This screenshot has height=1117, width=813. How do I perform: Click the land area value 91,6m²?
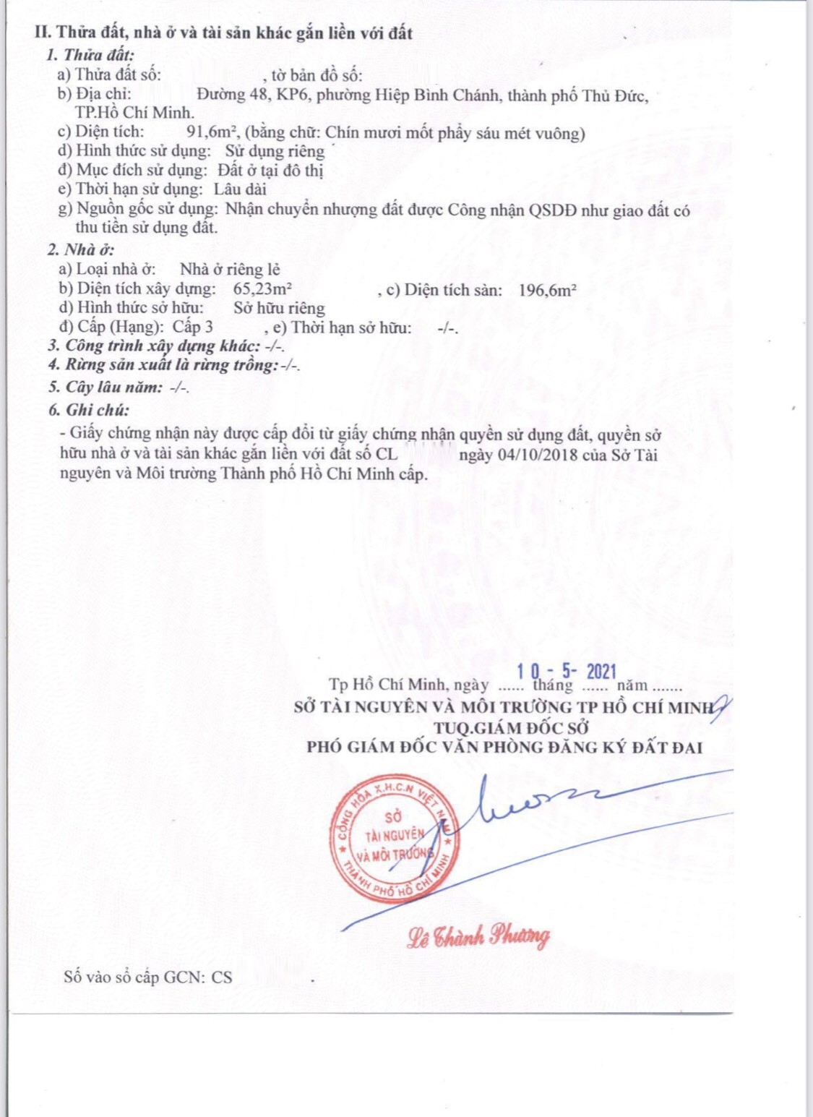pos(213,132)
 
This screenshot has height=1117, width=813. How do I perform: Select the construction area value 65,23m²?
pos(262,288)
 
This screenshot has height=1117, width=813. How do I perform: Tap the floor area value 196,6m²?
pos(547,291)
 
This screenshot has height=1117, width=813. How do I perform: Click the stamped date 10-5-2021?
pos(567,672)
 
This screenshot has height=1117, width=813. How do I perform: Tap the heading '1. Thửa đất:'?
pos(90,55)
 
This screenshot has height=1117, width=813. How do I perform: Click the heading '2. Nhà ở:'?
pos(81,250)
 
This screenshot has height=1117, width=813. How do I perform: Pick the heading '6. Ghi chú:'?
pos(89,410)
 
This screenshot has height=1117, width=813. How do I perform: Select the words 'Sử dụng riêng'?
pos(275,151)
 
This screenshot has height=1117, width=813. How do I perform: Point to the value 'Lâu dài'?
pos(240,189)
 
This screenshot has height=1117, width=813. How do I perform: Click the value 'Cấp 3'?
pos(192,327)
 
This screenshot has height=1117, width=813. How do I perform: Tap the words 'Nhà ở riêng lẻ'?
pos(230,269)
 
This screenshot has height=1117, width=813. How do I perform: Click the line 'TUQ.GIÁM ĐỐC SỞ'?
pos(512,727)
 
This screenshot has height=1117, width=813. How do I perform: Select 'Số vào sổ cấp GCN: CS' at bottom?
pos(148,977)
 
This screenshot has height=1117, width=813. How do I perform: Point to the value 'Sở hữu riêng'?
pos(279,308)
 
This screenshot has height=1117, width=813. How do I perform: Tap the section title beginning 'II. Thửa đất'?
pos(223,33)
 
